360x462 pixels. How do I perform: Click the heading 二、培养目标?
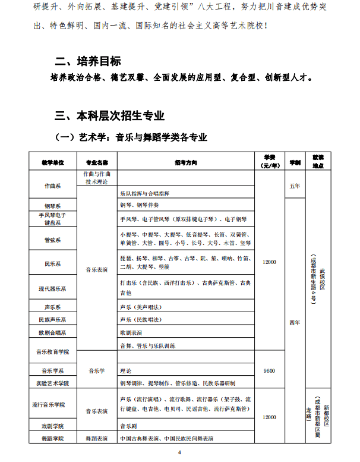[x=88, y=61]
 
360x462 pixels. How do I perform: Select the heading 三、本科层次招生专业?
[x=109, y=115]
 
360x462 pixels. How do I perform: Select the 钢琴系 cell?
[x=53, y=205]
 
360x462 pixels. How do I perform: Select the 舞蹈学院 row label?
[x=53, y=439]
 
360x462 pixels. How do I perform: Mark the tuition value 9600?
[x=269, y=370]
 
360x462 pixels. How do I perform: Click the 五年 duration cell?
[x=294, y=186]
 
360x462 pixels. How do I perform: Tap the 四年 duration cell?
[x=294, y=322]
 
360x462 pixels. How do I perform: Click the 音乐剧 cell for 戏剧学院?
[x=129, y=426]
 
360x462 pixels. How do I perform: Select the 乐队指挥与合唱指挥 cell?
[x=145, y=194]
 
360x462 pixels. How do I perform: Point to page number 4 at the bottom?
[x=179, y=453]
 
